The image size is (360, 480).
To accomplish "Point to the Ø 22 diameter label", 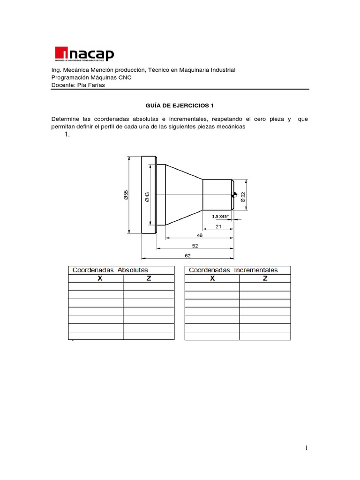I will click(243, 196).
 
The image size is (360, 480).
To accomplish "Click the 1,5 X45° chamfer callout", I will click(220, 216).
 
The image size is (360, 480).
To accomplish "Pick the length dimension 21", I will click(218, 226).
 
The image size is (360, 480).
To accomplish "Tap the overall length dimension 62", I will click(187, 255).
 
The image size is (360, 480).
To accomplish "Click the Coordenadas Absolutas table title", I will click(110, 270).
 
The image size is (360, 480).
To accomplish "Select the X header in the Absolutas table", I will click(99, 278).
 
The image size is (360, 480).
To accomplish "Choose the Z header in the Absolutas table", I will click(149, 278).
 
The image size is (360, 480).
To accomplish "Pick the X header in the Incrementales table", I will click(212, 278).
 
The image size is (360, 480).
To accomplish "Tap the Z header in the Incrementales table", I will click(265, 278).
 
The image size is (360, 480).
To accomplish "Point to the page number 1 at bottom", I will click(307, 448).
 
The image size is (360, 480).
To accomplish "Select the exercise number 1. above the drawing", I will click(67, 135).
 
